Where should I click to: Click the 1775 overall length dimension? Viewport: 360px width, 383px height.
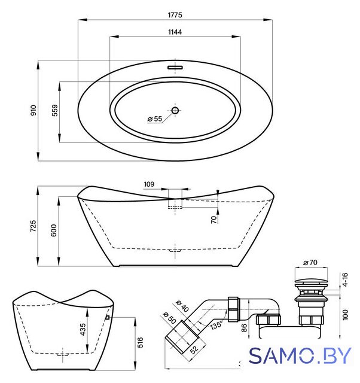pos(175,15)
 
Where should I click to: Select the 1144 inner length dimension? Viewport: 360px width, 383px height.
pos(175,32)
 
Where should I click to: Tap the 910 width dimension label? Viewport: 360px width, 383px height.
pos(33,110)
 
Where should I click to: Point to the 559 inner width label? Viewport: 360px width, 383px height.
pos(55,110)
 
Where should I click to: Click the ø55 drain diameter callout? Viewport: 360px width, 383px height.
pos(155,119)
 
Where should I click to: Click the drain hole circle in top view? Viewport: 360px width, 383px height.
pos(175,110)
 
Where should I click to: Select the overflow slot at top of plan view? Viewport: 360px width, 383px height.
pos(175,67)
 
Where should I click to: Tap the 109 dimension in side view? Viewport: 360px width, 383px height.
pos(149,184)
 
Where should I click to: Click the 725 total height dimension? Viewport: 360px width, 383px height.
pos(33,226)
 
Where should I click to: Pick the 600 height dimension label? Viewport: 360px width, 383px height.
pos(54,230)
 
